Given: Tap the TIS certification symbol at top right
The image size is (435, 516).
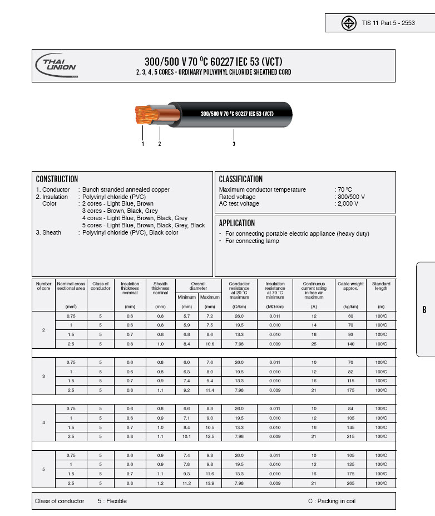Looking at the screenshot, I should pos(349,23).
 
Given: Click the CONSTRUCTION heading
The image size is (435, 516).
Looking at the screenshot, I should pos(57,179).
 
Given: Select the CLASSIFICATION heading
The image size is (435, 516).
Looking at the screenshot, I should pos(240,179).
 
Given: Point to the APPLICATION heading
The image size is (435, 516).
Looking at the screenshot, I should pos(236,223).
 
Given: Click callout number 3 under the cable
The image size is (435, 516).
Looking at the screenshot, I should pos(234,144).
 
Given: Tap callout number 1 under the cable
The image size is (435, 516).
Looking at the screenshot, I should pos(143,144).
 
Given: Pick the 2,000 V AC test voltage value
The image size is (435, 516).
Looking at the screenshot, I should pos(348,204).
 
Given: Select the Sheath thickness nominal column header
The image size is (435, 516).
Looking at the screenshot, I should pos(161,288).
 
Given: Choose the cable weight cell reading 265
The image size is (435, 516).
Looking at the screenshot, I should pos(350,483).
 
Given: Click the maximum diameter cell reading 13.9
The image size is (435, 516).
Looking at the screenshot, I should pos(210,483).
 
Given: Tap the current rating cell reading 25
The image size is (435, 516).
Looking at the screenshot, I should pos(314,344).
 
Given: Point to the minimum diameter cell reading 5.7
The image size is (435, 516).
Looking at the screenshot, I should pos(187,316).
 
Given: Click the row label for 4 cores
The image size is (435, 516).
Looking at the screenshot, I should pos(44,422).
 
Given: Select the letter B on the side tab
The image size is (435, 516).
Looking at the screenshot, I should pos(424,310).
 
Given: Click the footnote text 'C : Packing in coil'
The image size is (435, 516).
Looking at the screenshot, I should pos(332,501).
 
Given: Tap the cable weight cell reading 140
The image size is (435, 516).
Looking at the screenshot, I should pos(350,344).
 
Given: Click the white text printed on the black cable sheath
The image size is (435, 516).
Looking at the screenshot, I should pos(236,114).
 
